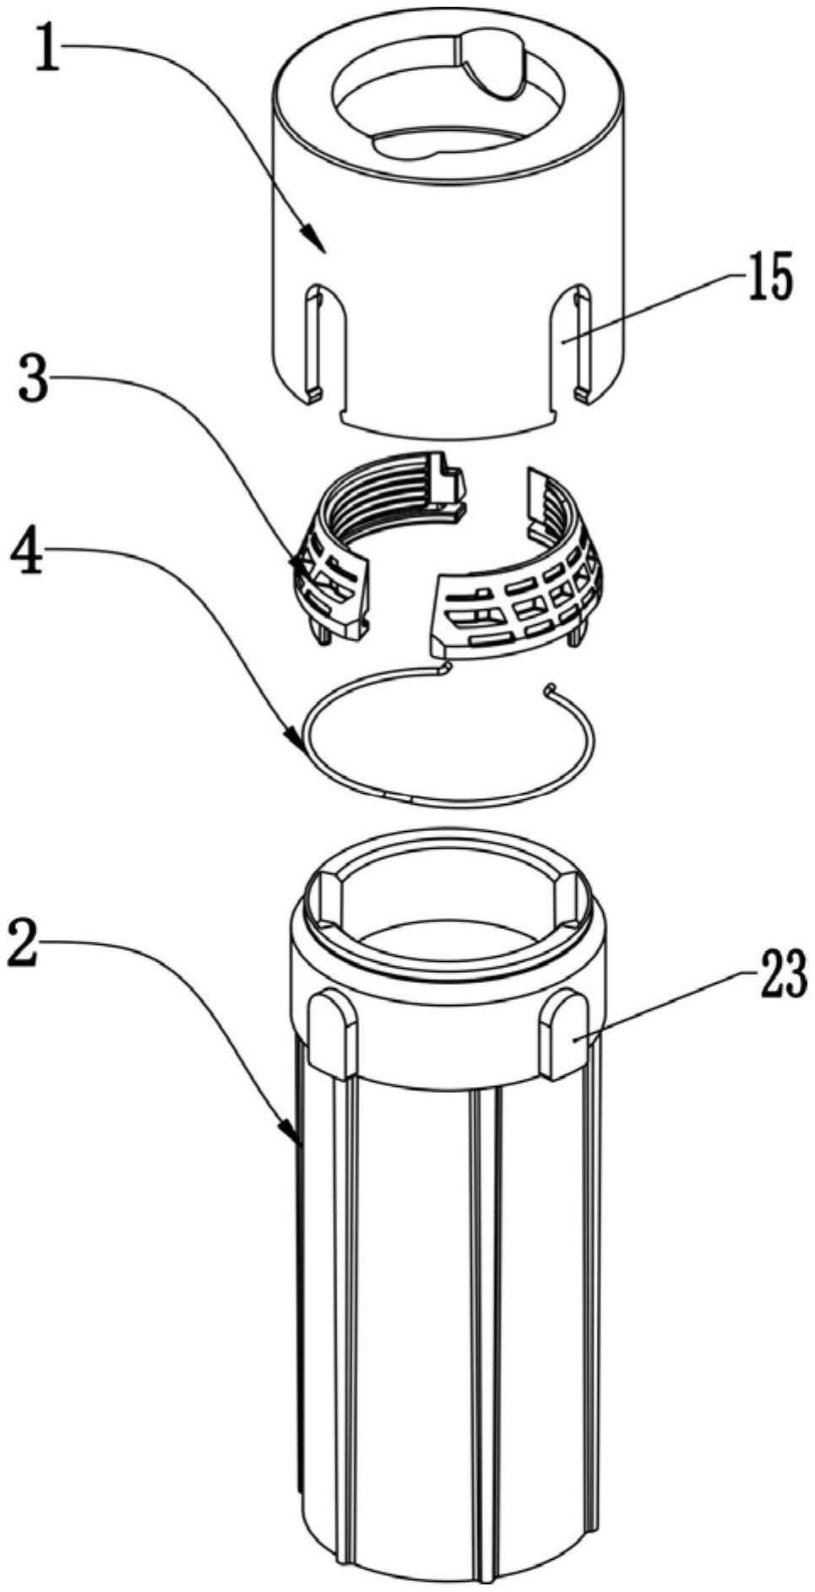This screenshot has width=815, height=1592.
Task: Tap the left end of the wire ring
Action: coord(444,667)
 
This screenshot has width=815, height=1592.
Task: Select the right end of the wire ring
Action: coord(551,687)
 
